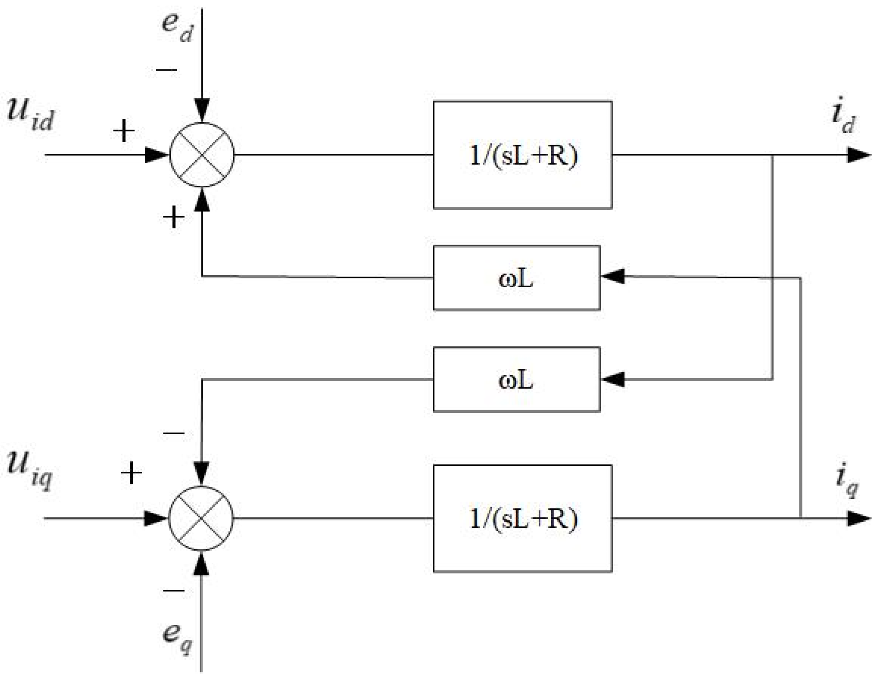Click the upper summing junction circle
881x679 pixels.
tap(202, 155)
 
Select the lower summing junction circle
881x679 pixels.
tap(201, 518)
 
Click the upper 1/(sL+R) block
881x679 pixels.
tap(523, 155)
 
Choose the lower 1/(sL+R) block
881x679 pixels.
tap(523, 518)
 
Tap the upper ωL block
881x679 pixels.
tap(516, 278)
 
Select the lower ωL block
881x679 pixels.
tap(516, 379)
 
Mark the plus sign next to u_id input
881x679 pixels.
tap(124, 131)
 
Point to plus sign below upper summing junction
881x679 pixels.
tap(174, 217)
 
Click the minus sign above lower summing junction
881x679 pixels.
tap(174, 433)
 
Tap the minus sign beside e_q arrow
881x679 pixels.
tap(174, 590)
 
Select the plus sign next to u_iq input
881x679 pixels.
tap(131, 473)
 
